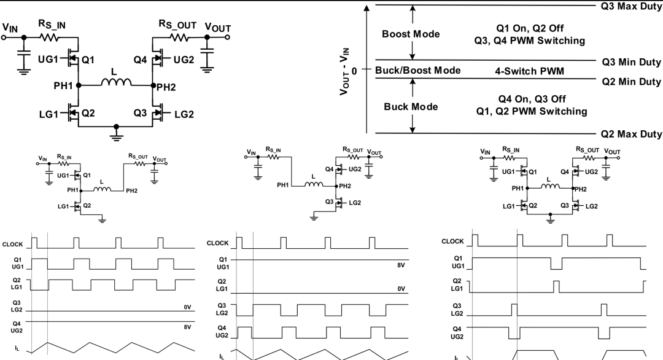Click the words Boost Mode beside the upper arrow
[411, 34]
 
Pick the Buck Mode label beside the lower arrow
[411, 107]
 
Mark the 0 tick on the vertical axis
[355, 71]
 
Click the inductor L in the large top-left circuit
[116, 82]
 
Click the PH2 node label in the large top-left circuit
[166, 87]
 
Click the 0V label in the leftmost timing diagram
[188, 306]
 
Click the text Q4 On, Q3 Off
[531, 99]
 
